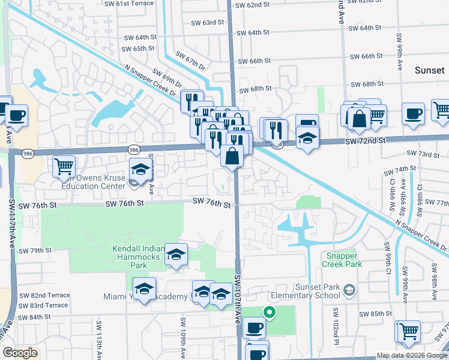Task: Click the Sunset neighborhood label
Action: pos(430,71)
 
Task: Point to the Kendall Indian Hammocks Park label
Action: pos(139,257)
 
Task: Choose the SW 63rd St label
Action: pos(207,22)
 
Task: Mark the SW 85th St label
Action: pos(376,314)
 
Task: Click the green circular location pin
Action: pos(270,311)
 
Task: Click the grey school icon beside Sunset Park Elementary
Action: pos(348,291)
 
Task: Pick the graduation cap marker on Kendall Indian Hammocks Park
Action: pos(176,254)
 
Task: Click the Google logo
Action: pos(20,353)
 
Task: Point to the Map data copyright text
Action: pos(411,355)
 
